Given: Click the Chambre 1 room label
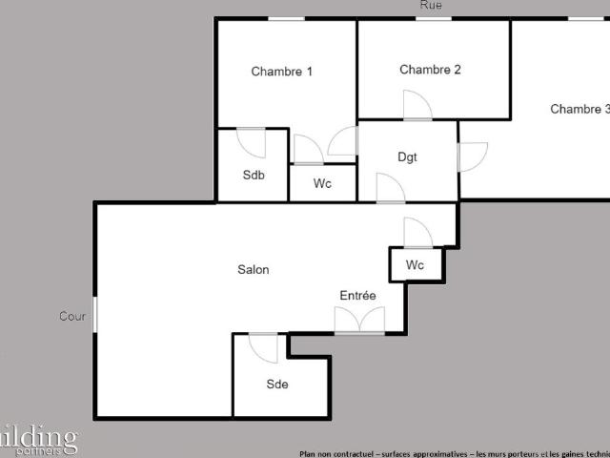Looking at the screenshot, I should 282,72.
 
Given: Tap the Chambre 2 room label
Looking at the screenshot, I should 430,70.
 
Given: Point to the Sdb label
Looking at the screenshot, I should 254,176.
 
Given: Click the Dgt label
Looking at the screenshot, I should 407,157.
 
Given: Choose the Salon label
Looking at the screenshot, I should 254,270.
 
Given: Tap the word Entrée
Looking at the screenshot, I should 358,296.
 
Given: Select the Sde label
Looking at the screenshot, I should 277,385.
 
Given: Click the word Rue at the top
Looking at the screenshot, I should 431,6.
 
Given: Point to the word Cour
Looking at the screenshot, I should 72,317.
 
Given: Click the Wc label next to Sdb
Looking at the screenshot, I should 322,184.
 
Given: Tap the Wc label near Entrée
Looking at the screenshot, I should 415,264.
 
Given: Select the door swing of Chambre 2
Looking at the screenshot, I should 417,105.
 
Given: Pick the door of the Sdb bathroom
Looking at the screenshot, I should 252,142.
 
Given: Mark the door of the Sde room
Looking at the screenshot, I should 263,347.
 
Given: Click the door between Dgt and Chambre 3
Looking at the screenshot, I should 472,156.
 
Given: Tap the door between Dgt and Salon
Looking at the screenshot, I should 391,189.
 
